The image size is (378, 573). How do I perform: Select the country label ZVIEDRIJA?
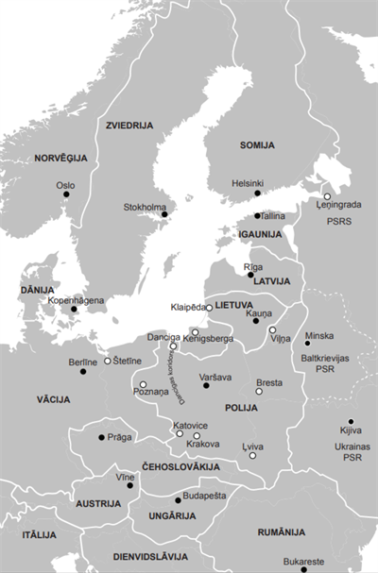click(130, 124)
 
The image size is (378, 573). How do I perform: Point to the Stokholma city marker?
click(164, 214)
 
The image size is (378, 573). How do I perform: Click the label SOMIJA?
click(256, 145)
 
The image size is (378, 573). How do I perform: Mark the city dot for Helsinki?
click(257, 193)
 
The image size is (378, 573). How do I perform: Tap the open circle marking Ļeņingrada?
click(327, 196)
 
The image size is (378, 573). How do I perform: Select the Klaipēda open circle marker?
click(209, 308)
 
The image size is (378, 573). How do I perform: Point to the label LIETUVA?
click(233, 307)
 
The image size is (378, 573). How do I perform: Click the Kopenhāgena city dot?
click(75, 309)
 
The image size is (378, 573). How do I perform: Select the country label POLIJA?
click(241, 408)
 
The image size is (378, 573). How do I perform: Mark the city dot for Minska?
click(307, 343)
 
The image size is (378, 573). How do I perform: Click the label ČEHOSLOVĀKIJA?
click(181, 467)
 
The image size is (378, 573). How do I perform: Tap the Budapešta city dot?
click(178, 499)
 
